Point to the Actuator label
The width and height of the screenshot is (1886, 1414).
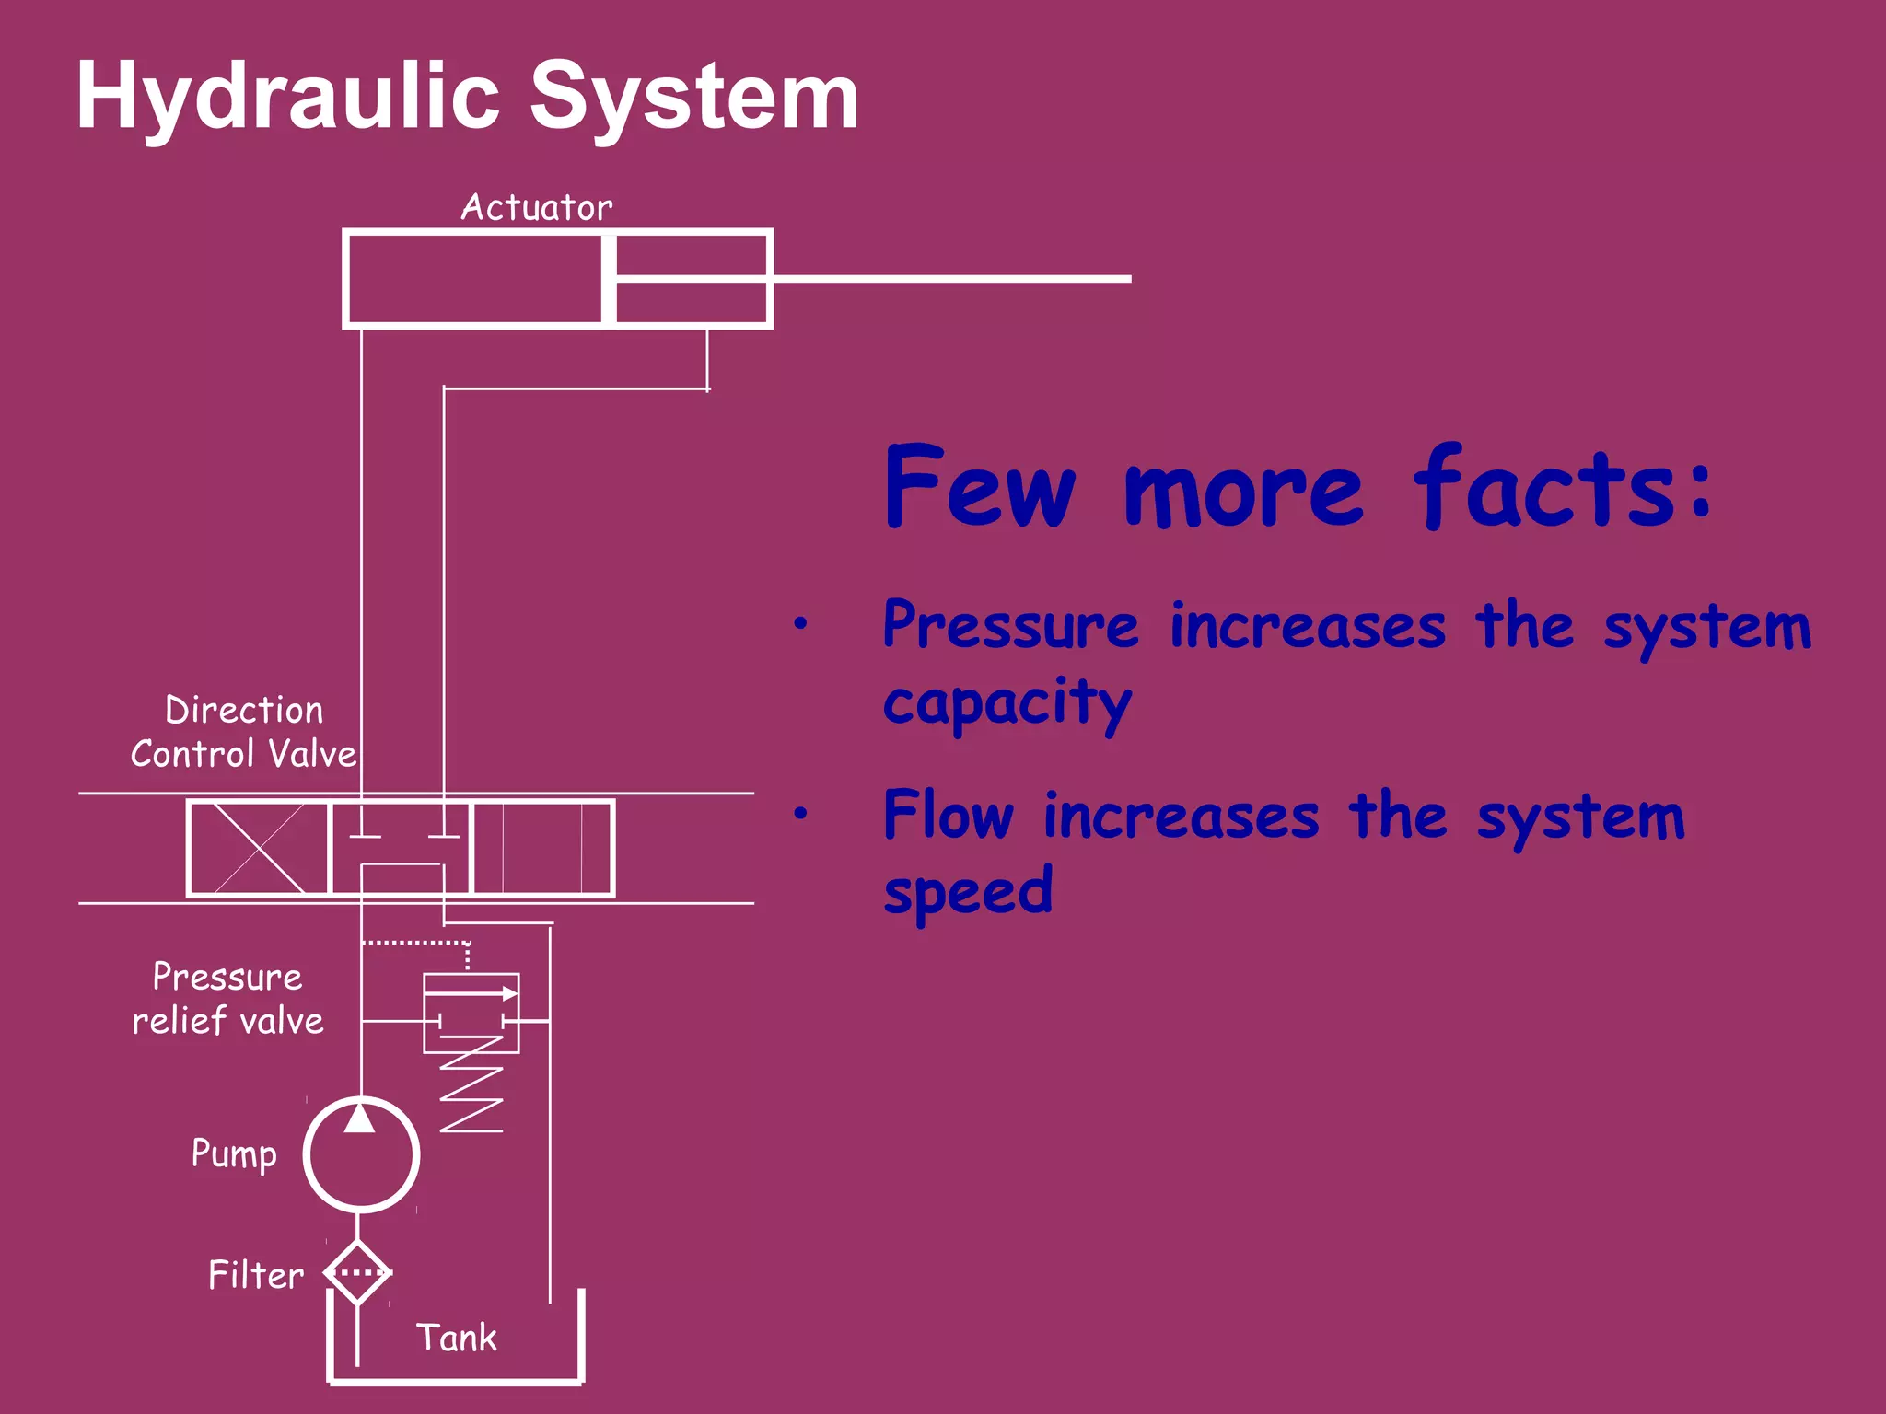(x=536, y=208)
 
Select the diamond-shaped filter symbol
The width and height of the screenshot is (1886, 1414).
(x=358, y=1272)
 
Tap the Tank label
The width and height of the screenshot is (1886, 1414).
(x=456, y=1338)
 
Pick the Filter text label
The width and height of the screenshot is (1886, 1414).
(x=256, y=1276)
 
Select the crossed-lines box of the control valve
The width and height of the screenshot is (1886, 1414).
(x=259, y=848)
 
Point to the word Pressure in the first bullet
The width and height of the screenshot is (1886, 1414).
(x=1010, y=626)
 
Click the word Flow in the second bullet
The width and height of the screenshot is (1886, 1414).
(x=949, y=816)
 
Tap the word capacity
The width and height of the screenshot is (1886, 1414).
(x=1007, y=703)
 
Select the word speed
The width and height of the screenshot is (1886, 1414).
(x=968, y=892)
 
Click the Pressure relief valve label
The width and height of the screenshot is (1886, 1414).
(x=227, y=999)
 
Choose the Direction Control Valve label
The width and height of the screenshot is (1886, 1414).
(x=244, y=733)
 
